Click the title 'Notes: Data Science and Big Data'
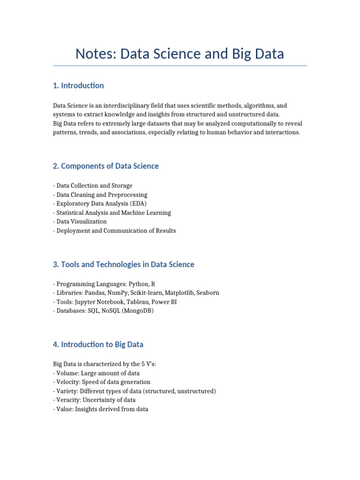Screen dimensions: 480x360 coord(180,54)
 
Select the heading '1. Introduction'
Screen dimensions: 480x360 coord(78,85)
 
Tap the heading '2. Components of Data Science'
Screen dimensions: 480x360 coord(106,166)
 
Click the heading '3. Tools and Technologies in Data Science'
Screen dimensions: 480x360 coord(123,264)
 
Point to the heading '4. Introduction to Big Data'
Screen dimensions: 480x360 coord(98,345)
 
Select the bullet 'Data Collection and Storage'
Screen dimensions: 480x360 coord(94,186)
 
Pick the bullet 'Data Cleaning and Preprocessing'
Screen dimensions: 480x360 coord(101,195)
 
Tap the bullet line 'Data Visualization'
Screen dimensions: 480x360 coord(81,221)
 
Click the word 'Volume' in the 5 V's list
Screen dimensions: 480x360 coord(67,373)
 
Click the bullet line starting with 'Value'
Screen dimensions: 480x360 coord(102,409)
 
